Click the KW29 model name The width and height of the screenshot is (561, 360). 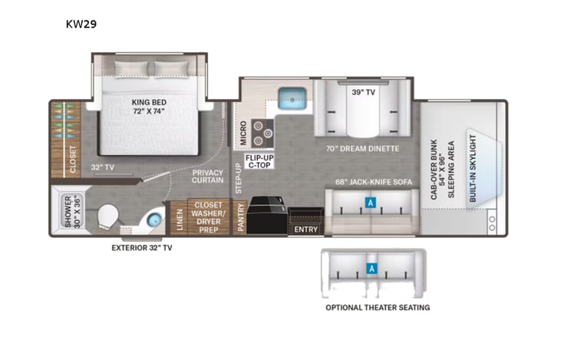[x=81, y=24]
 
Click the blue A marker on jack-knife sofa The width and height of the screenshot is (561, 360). [x=370, y=203]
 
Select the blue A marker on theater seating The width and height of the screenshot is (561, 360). [x=372, y=269]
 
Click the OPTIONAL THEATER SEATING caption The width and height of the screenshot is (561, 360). [x=377, y=308]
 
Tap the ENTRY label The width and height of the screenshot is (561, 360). [x=306, y=229]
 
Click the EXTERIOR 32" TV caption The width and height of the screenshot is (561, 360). [x=141, y=248]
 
